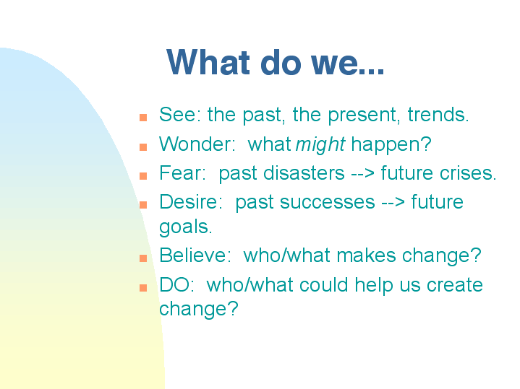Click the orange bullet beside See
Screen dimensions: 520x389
[x=143, y=118]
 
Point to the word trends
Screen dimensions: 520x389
[x=438, y=115]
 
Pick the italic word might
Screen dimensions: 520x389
[x=320, y=145]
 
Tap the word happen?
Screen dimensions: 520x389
[x=391, y=145]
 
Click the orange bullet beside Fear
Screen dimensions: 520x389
[x=143, y=176]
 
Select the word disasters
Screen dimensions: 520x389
[x=304, y=173]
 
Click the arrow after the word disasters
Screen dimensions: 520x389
[x=362, y=173]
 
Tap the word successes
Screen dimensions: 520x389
[x=328, y=203]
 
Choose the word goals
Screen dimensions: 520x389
[x=185, y=227]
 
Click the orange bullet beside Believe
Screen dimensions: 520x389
[x=143, y=258]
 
